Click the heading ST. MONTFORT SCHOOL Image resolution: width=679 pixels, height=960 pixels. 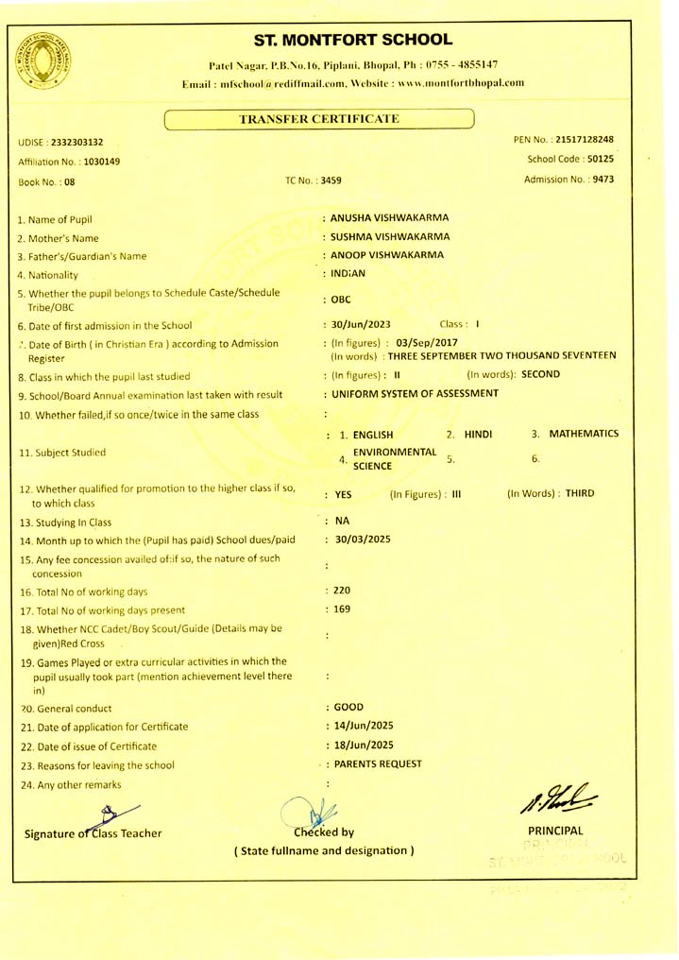(x=353, y=40)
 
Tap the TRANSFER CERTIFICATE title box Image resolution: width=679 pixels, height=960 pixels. (x=319, y=118)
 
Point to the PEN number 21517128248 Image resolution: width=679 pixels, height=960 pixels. (x=587, y=140)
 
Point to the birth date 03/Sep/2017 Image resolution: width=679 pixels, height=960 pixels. (x=427, y=342)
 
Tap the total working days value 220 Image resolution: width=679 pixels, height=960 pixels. (x=341, y=591)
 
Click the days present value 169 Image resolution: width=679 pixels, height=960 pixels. (x=341, y=609)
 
